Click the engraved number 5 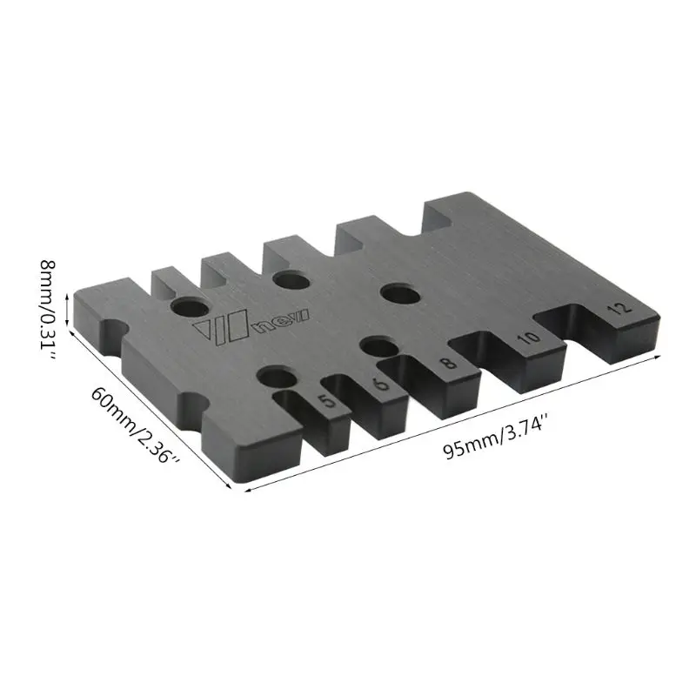pos(325,402)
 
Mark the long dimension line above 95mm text pos(461,425)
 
